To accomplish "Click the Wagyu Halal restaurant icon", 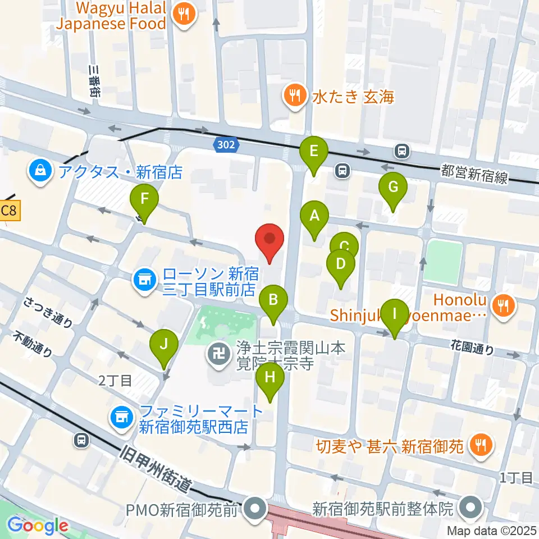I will point(183,15).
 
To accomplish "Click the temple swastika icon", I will point(216,354).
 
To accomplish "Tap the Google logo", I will point(38,526).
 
